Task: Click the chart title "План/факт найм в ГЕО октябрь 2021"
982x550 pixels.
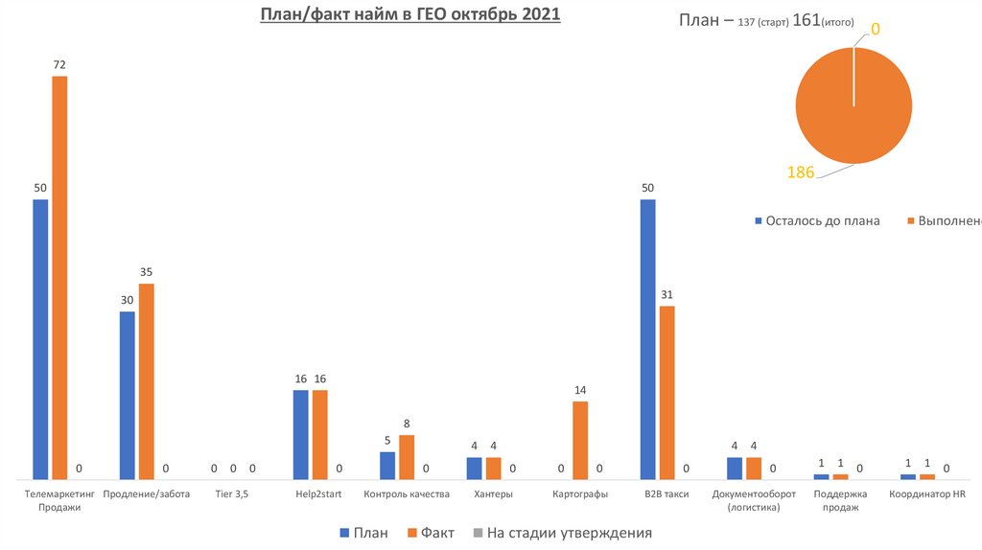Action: tap(410, 16)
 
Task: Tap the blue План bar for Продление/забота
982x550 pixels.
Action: tap(127, 394)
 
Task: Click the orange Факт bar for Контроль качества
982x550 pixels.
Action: tap(407, 456)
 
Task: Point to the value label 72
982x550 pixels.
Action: tap(59, 65)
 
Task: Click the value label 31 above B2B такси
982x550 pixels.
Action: tap(667, 294)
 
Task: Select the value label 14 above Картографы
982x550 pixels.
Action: tap(580, 390)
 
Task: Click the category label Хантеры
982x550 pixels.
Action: tap(493, 494)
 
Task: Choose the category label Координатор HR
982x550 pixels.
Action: tap(926, 494)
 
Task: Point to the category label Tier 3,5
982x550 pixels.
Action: tap(232, 494)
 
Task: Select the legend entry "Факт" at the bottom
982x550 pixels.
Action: tap(432, 533)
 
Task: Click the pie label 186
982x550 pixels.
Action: tap(800, 172)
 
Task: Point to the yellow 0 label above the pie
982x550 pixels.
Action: tap(876, 31)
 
